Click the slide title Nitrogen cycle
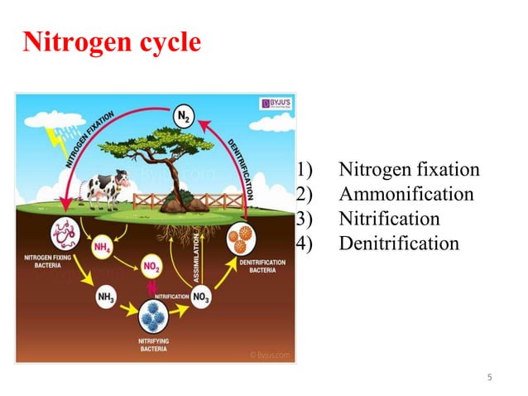pos(111,41)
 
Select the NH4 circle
pos(103,246)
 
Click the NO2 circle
pos(151,267)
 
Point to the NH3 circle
pos(106,297)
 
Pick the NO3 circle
pos(203,296)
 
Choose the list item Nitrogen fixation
pos(409,170)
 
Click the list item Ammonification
pos(406,195)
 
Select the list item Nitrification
pos(389,219)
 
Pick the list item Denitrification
pos(398,244)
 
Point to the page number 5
pos(489,378)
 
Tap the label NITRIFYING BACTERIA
pos(154,345)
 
